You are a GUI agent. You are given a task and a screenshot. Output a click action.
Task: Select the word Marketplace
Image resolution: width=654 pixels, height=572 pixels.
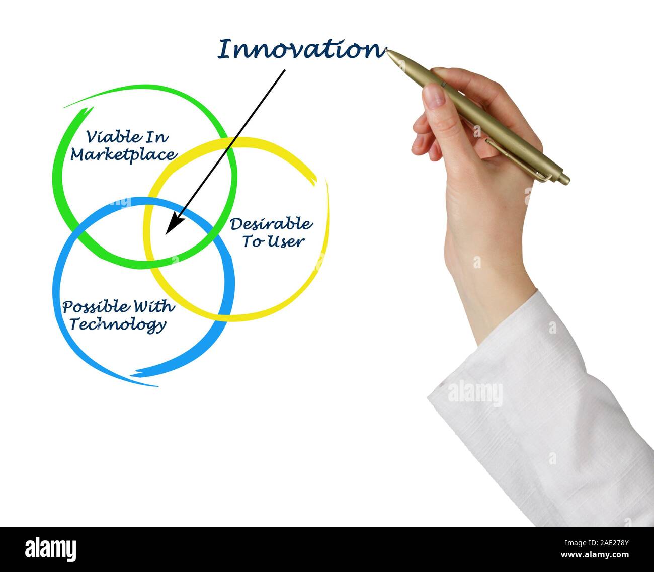tap(123, 154)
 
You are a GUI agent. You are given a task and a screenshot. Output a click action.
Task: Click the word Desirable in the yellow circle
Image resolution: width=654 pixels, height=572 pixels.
tap(271, 224)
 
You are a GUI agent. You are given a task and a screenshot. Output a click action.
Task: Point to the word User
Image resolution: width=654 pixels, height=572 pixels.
tap(286, 241)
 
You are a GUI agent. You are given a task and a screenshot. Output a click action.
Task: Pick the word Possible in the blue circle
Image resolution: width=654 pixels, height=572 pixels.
tap(94, 307)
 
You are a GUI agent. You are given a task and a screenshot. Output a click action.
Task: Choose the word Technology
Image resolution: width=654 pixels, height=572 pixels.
tap(118, 324)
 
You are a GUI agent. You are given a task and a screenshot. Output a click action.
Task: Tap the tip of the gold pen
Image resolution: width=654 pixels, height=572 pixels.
tap(387, 50)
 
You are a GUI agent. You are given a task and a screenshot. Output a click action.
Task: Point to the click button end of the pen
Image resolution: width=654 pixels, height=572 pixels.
tap(564, 179)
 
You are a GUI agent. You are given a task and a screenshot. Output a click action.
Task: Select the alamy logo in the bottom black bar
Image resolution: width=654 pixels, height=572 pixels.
tap(51, 548)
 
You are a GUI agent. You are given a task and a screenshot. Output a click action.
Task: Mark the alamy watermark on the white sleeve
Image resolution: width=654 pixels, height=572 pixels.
tap(474, 393)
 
